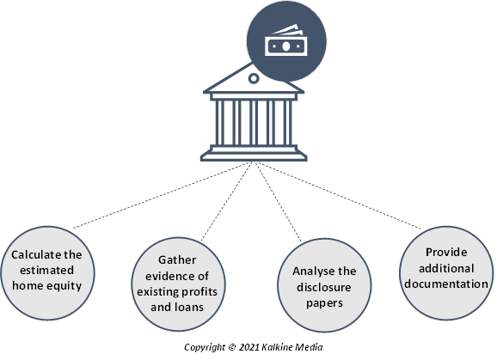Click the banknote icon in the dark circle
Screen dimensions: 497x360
(x=285, y=41)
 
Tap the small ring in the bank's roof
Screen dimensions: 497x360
(x=254, y=78)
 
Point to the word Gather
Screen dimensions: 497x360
(x=177, y=260)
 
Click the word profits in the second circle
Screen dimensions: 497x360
(x=198, y=291)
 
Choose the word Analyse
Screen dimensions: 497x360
(x=312, y=272)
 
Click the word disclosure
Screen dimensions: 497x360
(x=324, y=287)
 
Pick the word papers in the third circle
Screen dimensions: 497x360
(x=324, y=303)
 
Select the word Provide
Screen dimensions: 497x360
(x=446, y=253)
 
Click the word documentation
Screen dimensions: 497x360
(x=446, y=284)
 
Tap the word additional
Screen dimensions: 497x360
(x=446, y=268)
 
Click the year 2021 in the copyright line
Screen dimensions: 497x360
(x=249, y=347)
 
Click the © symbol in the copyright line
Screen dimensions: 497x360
(x=232, y=347)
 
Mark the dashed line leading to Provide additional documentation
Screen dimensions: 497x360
(x=340, y=195)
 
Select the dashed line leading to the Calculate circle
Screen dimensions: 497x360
(x=163, y=195)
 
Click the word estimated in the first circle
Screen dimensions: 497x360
(x=46, y=271)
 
